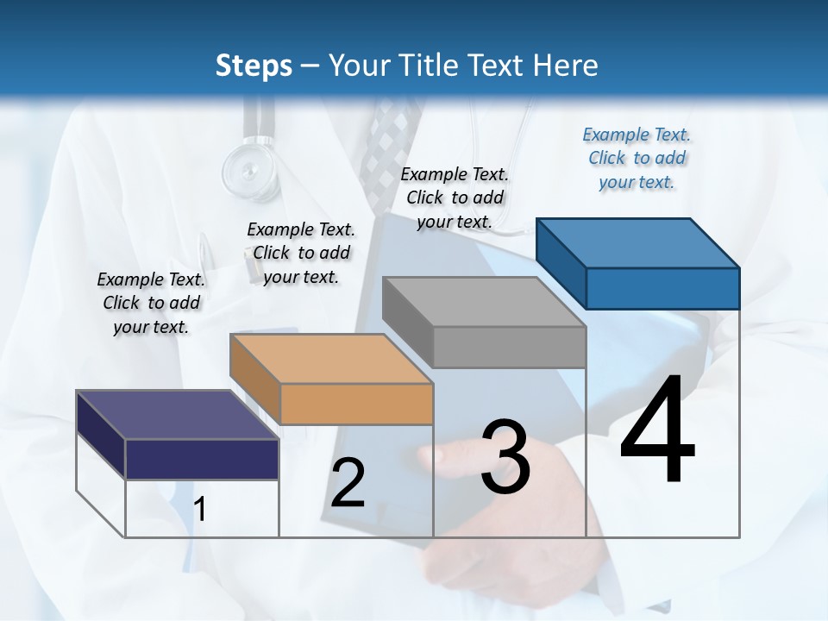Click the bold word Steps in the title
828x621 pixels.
pos(254,66)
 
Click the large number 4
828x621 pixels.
pos(657,431)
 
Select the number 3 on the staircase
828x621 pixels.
pos(505,457)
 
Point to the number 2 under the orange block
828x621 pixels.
pos(348,483)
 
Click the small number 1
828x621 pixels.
pos(200,510)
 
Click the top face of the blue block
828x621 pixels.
pos(638,242)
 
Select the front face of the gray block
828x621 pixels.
pos(509,348)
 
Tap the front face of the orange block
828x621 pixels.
pos(356,404)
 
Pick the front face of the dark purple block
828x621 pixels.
pos(202,459)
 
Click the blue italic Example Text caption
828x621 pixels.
pos(637,158)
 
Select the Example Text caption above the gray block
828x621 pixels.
pos(455,198)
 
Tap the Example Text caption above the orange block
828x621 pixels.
pos(300,253)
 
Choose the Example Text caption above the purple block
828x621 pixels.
pos(151,303)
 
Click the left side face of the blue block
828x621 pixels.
pos(561,263)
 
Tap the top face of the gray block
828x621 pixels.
pos(484,302)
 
